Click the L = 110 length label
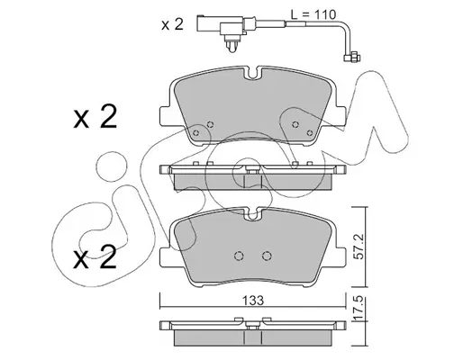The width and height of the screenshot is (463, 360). (313, 14)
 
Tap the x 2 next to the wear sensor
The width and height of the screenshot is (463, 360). (172, 24)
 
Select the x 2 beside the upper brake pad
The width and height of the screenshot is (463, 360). (95, 117)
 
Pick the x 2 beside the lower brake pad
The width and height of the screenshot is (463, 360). (95, 256)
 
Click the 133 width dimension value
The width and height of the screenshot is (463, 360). (254, 301)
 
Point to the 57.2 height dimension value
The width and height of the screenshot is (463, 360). (360, 247)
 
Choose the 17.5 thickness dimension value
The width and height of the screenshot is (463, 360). (360, 309)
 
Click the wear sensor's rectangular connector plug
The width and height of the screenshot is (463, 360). (210, 23)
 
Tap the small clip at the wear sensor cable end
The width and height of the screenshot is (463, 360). (352, 57)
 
